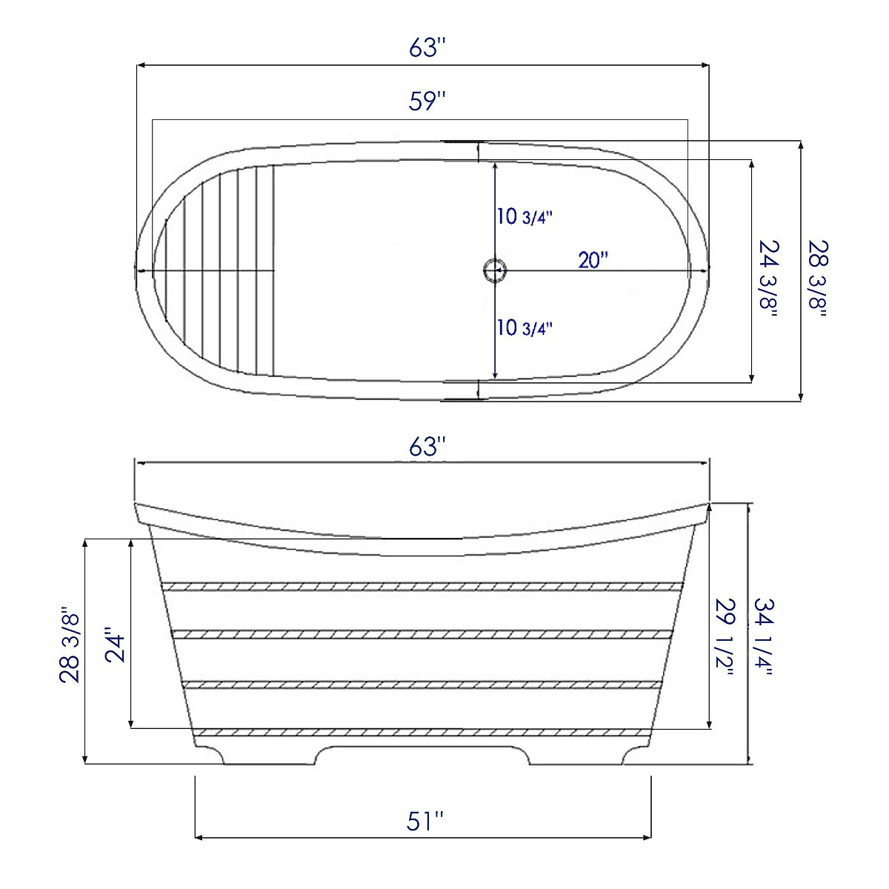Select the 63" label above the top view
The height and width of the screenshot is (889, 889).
[427, 48]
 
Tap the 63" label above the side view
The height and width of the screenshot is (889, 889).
[427, 447]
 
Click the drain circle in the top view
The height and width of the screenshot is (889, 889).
[494, 270]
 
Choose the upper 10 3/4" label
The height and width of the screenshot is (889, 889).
[525, 217]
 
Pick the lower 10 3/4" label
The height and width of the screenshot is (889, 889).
[525, 327]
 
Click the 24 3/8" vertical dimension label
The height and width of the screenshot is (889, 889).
[768, 278]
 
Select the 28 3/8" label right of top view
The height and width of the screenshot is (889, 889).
[817, 278]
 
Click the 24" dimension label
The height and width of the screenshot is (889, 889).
[113, 646]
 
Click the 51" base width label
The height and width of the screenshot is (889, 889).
[425, 821]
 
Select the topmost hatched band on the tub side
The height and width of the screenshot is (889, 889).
[422, 586]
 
